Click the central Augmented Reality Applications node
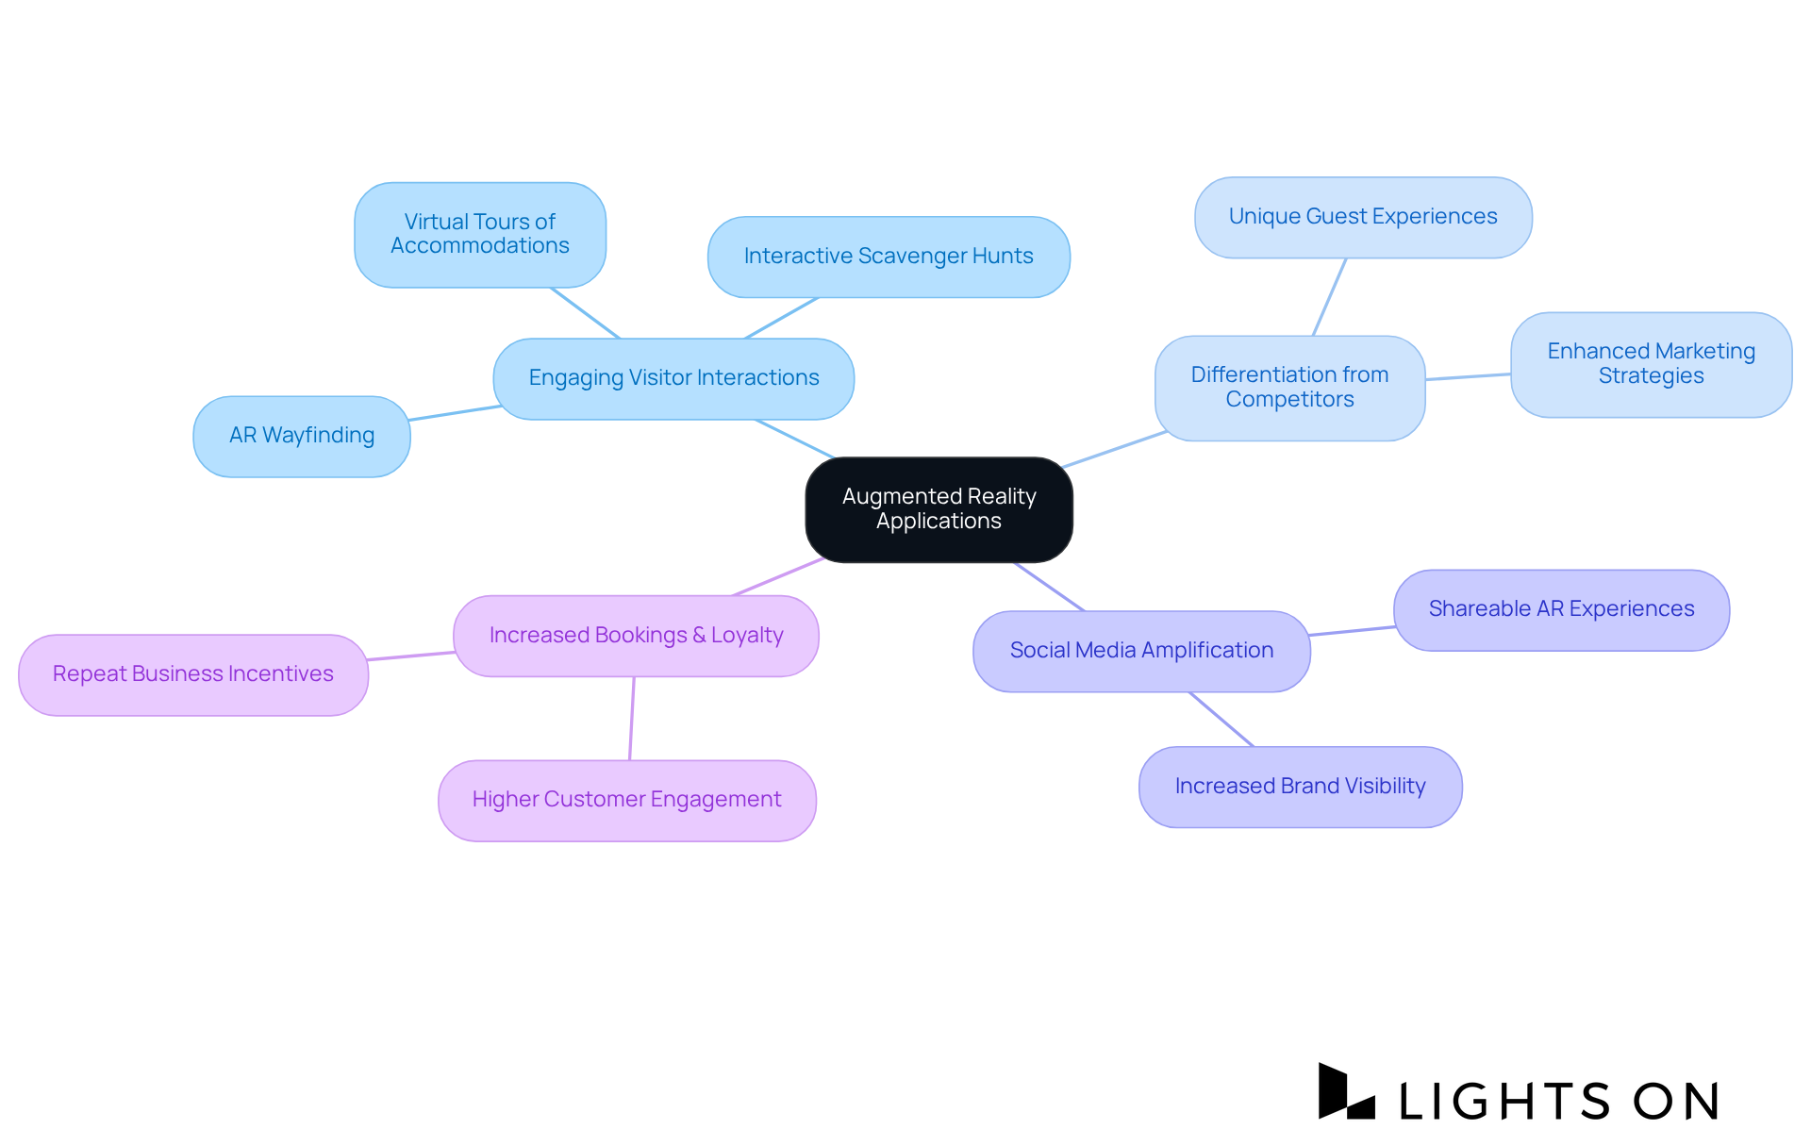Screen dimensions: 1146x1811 point(939,509)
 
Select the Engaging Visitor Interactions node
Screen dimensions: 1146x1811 point(673,378)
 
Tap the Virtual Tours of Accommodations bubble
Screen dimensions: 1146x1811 point(480,234)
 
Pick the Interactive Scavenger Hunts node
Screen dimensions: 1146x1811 point(889,257)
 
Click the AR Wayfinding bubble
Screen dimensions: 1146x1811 point(302,436)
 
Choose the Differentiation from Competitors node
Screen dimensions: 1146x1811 point(1289,388)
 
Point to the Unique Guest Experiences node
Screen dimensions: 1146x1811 point(1363,217)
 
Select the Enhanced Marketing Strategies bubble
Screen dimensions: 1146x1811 point(1651,364)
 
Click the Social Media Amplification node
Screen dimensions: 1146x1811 point(1141,651)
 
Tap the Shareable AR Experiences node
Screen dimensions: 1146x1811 point(1561,609)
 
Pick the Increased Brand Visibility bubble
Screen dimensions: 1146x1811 point(1300,787)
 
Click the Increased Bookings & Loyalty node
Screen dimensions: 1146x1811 point(636,636)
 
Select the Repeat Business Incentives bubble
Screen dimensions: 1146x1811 point(193,674)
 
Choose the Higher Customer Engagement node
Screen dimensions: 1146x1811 point(626,800)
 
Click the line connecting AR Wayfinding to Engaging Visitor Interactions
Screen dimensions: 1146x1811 point(455,413)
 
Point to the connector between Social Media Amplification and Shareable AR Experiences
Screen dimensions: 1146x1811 point(1352,631)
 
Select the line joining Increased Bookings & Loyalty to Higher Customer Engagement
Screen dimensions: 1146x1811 point(632,718)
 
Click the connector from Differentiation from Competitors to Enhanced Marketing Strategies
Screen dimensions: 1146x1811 point(1468,377)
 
